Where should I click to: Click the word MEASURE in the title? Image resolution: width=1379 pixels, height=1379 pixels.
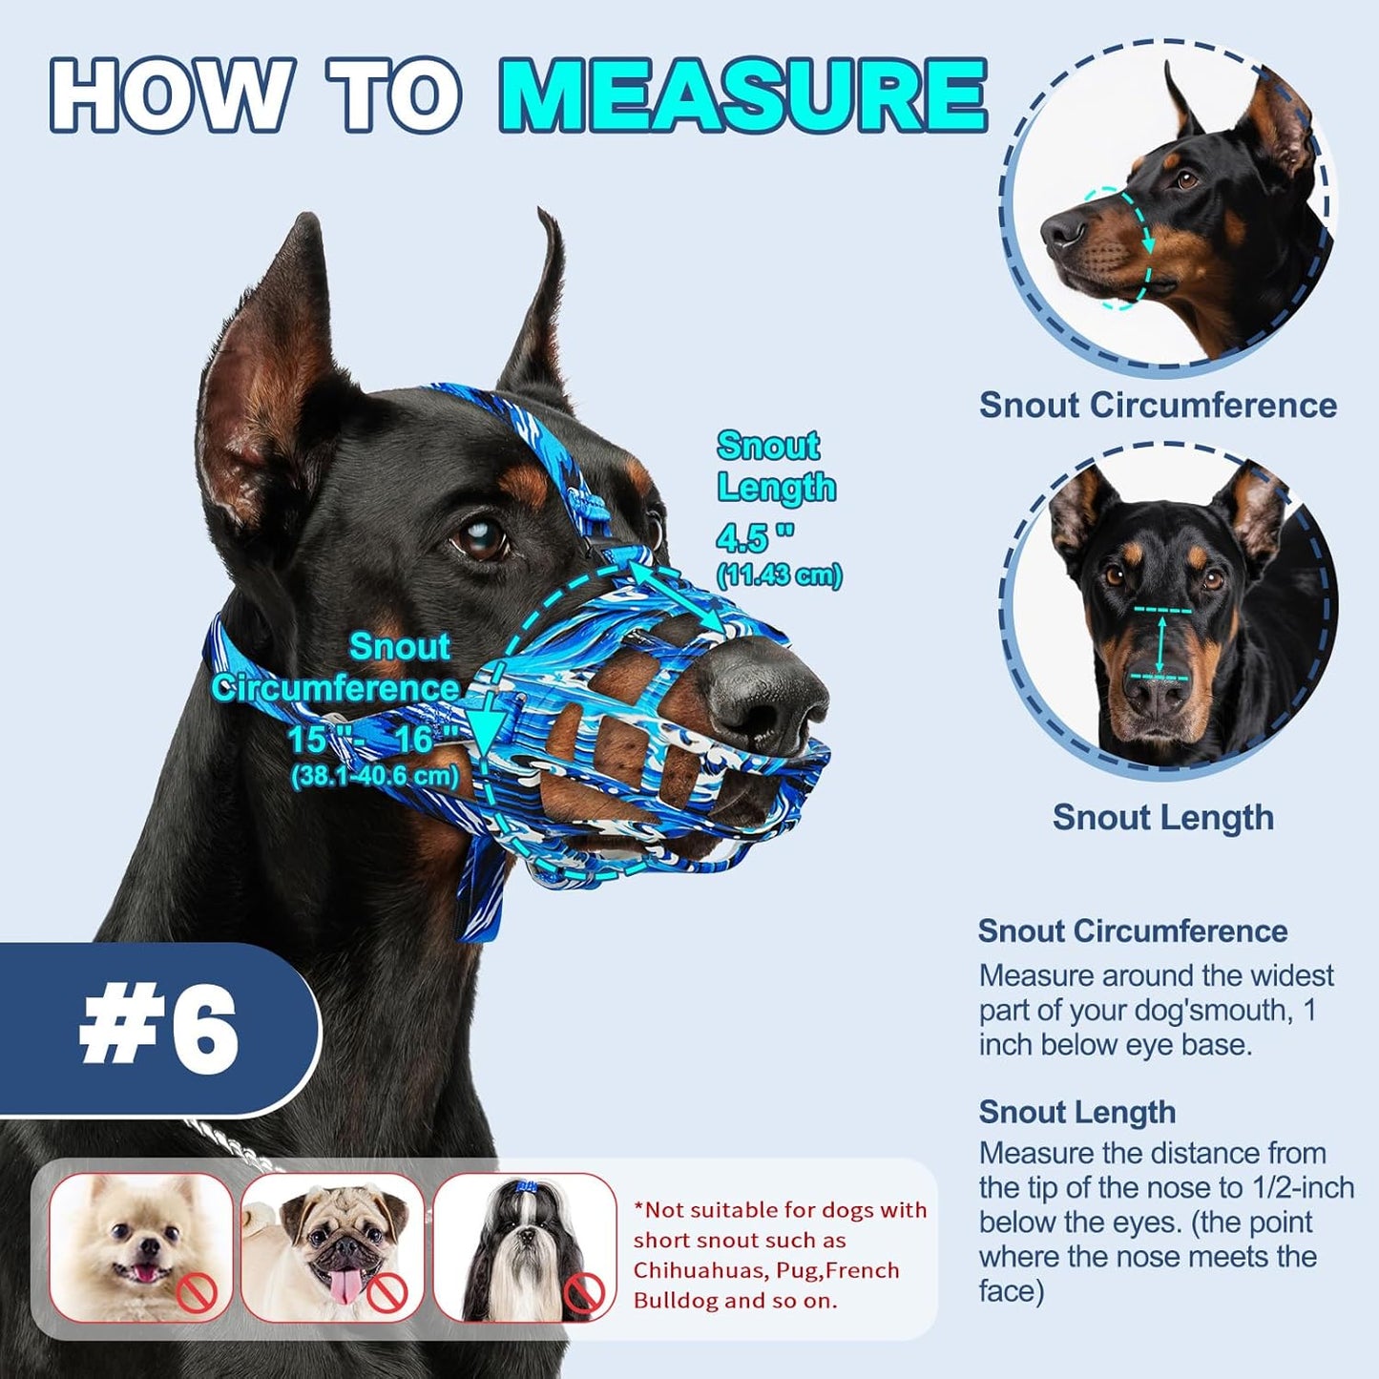[743, 95]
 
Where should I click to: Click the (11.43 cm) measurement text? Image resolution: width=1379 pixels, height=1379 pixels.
[779, 575]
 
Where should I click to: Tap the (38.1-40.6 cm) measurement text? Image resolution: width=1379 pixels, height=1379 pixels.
[374, 776]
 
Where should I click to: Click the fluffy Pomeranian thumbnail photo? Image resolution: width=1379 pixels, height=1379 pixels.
[140, 1246]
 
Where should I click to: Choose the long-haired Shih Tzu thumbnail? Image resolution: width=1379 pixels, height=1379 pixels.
[524, 1246]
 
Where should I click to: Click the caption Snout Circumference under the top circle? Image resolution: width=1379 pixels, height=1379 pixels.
[1158, 405]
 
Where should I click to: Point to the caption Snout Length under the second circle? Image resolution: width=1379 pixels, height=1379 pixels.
[1162, 818]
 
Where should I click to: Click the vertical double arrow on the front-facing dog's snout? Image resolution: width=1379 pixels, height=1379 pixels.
[1161, 644]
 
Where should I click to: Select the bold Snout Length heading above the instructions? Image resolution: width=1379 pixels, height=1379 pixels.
[1076, 1112]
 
